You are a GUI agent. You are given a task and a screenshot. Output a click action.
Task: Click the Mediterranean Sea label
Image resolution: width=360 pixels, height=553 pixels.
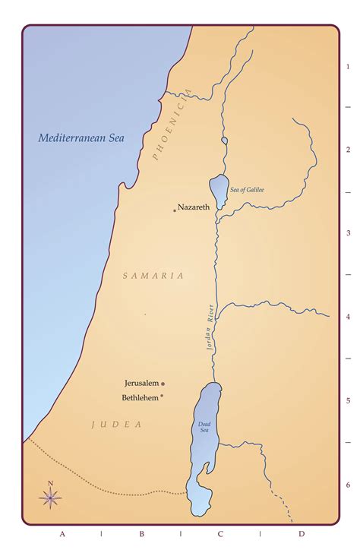click(x=82, y=138)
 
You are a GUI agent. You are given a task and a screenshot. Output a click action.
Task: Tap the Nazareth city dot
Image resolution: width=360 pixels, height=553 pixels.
click(x=174, y=210)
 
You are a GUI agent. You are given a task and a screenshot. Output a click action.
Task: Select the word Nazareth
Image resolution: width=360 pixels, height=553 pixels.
click(x=194, y=207)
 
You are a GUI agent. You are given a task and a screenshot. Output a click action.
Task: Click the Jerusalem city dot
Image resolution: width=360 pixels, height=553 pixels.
click(x=163, y=384)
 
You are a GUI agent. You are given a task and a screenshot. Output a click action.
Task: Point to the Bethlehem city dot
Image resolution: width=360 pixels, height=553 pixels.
click(x=162, y=397)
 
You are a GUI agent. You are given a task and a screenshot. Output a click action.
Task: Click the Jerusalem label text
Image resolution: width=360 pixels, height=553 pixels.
click(x=141, y=384)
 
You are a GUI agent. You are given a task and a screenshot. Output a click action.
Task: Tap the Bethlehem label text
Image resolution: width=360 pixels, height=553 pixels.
click(x=140, y=397)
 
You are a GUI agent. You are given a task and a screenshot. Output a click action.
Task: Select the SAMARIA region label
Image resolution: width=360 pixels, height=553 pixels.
click(x=153, y=276)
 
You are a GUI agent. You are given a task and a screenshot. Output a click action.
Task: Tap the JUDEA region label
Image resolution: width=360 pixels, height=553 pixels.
click(x=117, y=425)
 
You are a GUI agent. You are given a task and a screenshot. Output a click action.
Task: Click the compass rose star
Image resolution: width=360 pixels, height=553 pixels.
click(x=50, y=498)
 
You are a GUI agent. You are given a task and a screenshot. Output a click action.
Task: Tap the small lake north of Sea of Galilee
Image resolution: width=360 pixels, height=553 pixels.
click(x=223, y=141)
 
